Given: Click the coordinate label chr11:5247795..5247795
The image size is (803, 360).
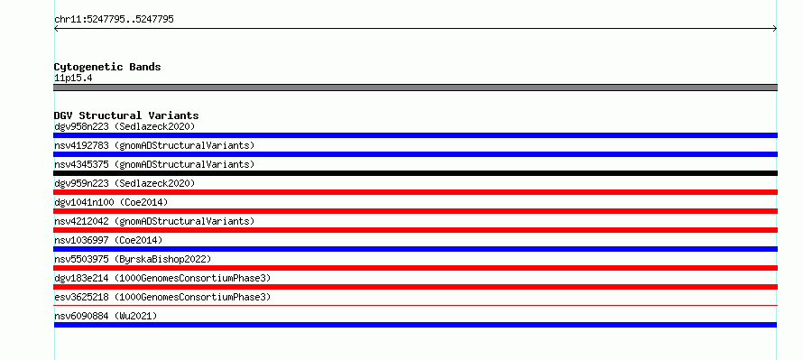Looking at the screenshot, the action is coord(115,20).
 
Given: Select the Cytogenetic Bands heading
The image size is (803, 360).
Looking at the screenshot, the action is coord(107,67).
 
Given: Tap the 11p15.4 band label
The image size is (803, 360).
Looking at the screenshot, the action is coord(73,78).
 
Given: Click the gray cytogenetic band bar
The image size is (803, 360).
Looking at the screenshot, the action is coord(415,88).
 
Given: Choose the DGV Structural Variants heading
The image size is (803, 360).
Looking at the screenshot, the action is coord(126,115).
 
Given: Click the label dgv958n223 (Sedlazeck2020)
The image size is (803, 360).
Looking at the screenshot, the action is coord(125,126).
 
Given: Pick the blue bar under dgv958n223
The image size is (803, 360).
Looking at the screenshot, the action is coord(415,135).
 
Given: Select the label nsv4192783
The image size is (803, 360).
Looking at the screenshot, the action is coord(81,145).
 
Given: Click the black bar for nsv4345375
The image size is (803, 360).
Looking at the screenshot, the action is coord(415,173).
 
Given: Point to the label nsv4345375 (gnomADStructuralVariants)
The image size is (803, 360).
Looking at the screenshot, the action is coord(154,164).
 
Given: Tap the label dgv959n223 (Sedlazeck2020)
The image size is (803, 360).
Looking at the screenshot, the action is coord(125,183).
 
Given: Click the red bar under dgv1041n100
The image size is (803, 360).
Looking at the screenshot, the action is coord(415,211).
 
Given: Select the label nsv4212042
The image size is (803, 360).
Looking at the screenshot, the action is coord(81,221).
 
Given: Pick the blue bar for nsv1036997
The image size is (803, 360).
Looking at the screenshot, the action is coord(415,249).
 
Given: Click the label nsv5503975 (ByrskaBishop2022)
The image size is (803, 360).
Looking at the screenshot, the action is coord(133,259).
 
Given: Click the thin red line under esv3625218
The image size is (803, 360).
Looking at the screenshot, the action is coord(415,305).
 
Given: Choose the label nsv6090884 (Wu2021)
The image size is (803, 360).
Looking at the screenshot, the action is coord(106,316).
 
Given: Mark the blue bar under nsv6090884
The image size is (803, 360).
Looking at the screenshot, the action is coord(415,325).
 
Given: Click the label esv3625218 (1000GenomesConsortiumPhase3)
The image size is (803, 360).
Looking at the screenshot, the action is coord(162,297).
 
